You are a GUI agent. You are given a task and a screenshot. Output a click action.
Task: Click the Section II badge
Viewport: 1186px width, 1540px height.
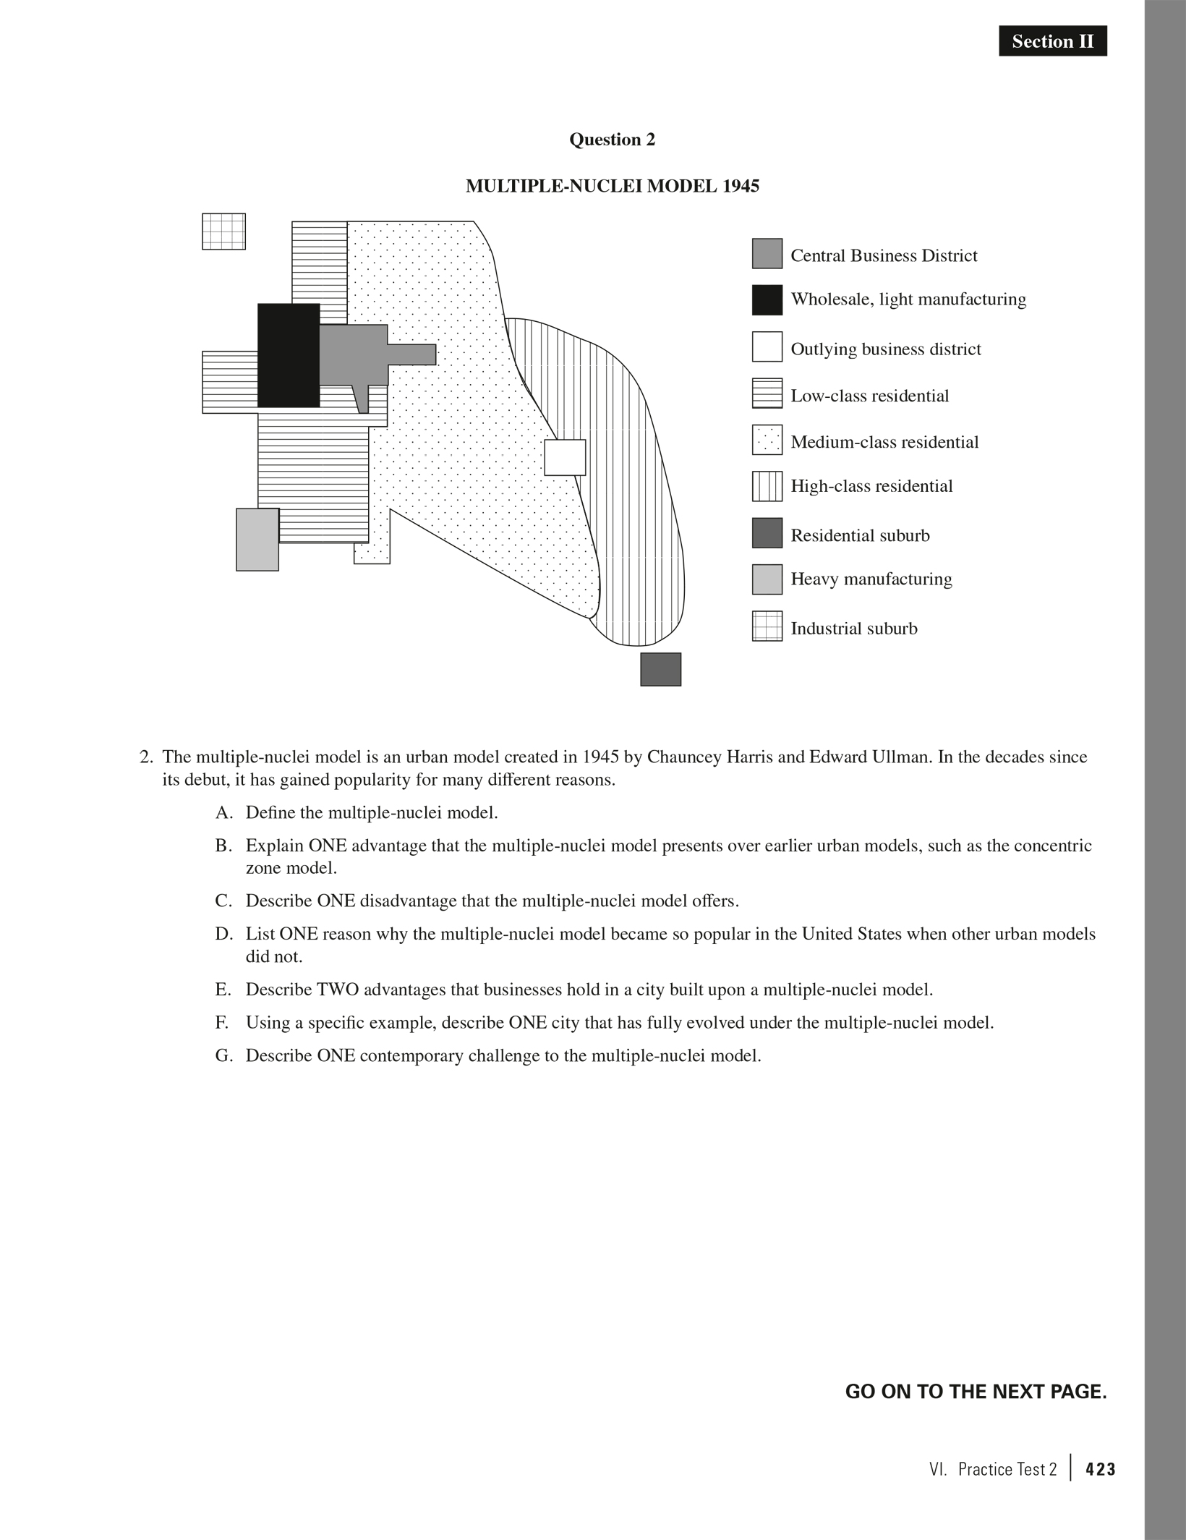coord(1052,41)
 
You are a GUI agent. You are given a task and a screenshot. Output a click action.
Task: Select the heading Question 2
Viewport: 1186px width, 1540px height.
coord(612,140)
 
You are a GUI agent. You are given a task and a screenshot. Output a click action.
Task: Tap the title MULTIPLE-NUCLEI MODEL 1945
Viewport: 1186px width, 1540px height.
coord(612,187)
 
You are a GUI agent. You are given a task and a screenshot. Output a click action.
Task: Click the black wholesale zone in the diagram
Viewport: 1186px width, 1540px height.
coord(289,355)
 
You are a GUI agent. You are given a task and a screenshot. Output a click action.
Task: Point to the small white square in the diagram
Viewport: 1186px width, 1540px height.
coord(565,457)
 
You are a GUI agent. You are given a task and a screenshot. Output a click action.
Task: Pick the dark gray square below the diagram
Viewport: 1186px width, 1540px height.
coord(660,669)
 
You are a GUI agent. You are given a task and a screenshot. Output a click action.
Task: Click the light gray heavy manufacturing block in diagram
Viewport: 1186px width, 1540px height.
coord(257,540)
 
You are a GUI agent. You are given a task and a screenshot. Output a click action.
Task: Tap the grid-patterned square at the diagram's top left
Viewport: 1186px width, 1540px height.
coord(223,231)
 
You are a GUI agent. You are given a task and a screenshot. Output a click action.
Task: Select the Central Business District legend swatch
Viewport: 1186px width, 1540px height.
coord(767,254)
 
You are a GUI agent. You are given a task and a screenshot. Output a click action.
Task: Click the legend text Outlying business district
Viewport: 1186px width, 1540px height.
coord(885,349)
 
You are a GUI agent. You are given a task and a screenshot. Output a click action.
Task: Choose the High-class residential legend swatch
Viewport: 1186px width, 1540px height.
coord(767,486)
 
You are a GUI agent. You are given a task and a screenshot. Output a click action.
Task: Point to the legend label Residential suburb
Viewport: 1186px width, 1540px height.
coord(860,535)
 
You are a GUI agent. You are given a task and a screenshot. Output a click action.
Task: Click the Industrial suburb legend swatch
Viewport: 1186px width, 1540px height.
coord(767,626)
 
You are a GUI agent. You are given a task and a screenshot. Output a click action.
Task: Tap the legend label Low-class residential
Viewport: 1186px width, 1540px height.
coord(869,396)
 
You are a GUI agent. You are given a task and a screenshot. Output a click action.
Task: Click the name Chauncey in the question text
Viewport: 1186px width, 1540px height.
coord(680,757)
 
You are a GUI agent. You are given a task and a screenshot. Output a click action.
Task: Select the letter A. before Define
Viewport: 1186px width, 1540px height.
coord(223,812)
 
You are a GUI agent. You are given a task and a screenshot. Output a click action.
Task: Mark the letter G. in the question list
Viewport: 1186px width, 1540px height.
coord(224,1055)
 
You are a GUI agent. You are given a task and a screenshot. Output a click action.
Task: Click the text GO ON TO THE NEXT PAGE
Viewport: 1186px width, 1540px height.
coord(976,1391)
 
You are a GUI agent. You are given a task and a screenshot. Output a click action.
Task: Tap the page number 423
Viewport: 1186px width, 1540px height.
coord(1101,1469)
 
